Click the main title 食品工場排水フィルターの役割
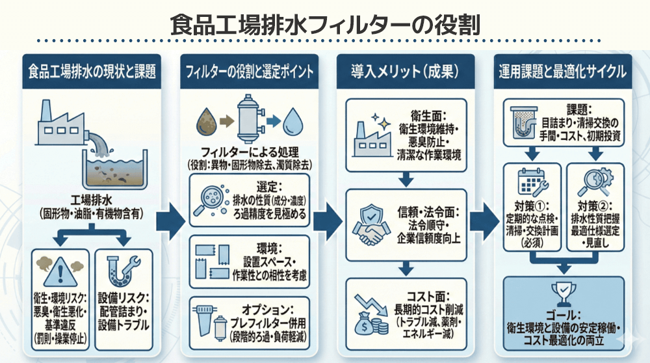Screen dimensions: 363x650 pos(325,24)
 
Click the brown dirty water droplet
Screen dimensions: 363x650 pos(207,121)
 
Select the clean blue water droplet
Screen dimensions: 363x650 pos(294,121)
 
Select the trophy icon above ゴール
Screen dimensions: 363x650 pos(563,291)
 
